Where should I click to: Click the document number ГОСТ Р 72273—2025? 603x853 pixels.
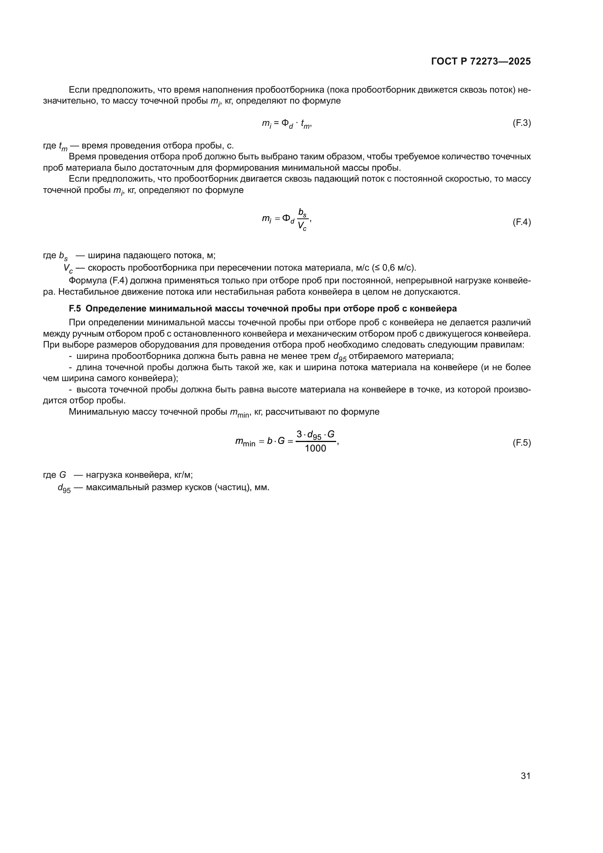(481, 62)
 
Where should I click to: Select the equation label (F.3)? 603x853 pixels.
(522, 123)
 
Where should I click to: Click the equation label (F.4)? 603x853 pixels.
(522, 222)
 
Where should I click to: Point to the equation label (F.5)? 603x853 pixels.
(522, 442)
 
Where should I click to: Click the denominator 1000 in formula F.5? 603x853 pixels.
(315, 449)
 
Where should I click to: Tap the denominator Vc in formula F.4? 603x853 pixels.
(302, 226)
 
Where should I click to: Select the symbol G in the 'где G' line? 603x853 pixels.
(63, 475)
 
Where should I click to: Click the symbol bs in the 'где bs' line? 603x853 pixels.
(63, 256)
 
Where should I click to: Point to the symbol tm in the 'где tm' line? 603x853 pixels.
(63, 146)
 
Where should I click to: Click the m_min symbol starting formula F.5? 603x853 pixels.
(245, 442)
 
